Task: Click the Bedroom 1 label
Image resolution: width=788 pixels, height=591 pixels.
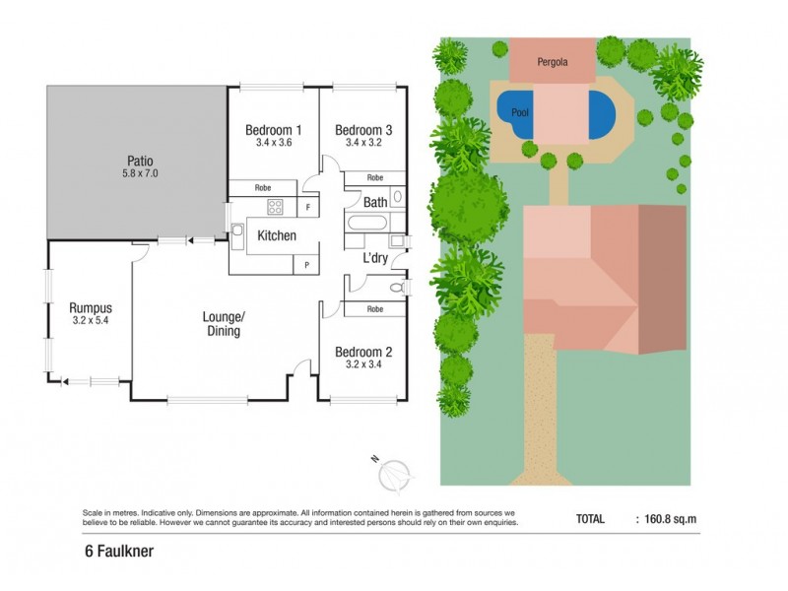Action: click(x=273, y=130)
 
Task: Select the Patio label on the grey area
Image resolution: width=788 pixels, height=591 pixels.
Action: click(x=139, y=161)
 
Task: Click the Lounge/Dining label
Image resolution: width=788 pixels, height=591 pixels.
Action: click(x=223, y=323)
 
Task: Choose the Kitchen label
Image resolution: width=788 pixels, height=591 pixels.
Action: click(x=277, y=236)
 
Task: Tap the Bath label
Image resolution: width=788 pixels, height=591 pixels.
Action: click(x=375, y=203)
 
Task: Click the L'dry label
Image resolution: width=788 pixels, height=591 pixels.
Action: click(x=374, y=258)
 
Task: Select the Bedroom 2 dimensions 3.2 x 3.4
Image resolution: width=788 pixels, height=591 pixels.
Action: click(x=362, y=364)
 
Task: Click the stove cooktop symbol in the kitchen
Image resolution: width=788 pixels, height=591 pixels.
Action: click(x=275, y=207)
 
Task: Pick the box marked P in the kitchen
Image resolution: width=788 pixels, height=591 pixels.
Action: click(x=307, y=265)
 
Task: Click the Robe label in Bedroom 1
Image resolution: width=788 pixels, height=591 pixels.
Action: click(x=263, y=187)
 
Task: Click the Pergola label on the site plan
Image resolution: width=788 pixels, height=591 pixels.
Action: click(x=552, y=62)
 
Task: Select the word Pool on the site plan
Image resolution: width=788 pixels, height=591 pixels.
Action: click(x=520, y=113)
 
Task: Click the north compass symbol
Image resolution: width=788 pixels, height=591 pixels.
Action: click(x=394, y=475)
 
